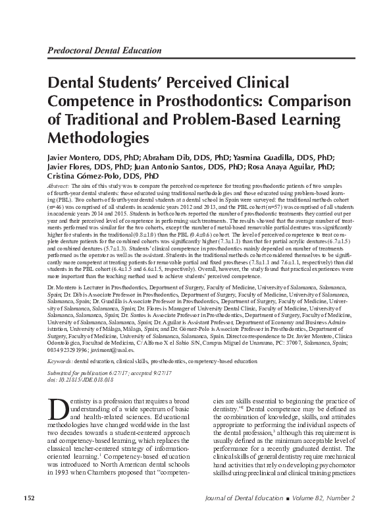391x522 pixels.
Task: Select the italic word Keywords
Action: [61, 362]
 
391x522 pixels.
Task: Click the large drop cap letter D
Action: [58, 409]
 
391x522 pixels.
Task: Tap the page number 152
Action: [30, 496]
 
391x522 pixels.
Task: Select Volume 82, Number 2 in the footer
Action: [332, 496]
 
